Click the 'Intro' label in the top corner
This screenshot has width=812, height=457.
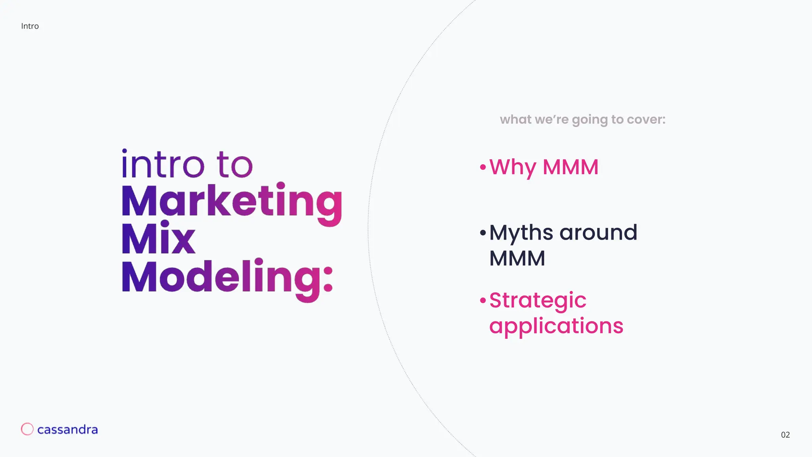point(30,26)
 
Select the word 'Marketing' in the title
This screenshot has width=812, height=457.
point(232,202)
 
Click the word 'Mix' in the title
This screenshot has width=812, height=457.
point(159,239)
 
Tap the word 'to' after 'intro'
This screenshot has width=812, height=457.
point(234,164)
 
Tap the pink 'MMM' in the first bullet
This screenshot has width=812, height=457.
point(571,167)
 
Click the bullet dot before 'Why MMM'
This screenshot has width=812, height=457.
point(483,167)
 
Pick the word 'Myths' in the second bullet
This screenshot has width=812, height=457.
point(521,233)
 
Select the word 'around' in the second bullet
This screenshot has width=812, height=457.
point(598,233)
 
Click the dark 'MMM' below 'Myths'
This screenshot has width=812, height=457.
point(517,258)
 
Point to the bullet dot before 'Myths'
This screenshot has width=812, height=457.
point(483,232)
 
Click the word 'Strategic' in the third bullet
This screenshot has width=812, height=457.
point(538,300)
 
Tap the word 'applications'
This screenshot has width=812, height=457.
point(556,326)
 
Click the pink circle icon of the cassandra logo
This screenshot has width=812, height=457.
point(27,429)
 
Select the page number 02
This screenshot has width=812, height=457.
point(785,435)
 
